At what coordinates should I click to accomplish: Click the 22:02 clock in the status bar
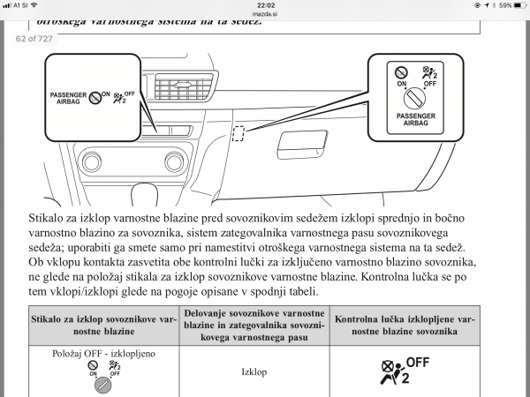pos(264,5)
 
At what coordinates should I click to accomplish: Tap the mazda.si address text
pos(265,14)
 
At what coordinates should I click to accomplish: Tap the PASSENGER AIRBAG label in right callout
pos(417,118)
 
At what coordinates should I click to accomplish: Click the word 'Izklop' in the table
pos(254,371)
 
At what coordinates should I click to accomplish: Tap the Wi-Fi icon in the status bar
pos(33,5)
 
